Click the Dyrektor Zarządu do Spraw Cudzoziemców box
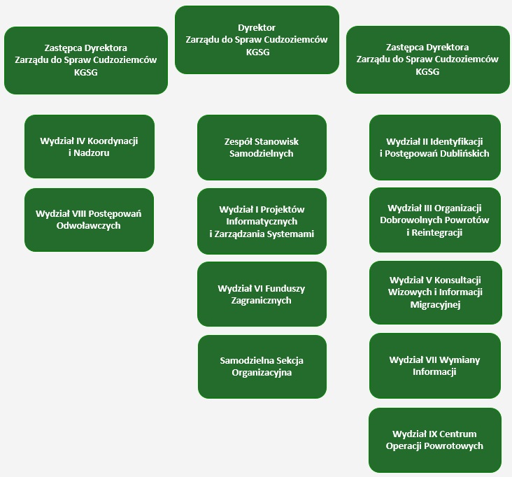(257, 39)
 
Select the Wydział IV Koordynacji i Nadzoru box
(89, 146)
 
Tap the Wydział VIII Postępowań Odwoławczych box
(89, 220)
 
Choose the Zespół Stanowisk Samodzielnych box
(262, 148)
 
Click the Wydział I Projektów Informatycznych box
(262, 221)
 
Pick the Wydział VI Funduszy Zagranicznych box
(262, 294)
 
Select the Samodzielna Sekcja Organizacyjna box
(262, 366)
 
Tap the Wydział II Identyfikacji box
(434, 148)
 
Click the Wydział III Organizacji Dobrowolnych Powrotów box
(434, 220)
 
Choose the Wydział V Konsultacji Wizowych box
(434, 292)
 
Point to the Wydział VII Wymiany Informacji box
(434, 366)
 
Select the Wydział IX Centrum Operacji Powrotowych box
(434, 440)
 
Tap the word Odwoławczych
(89, 226)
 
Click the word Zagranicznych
(262, 301)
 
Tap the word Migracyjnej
(434, 305)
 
